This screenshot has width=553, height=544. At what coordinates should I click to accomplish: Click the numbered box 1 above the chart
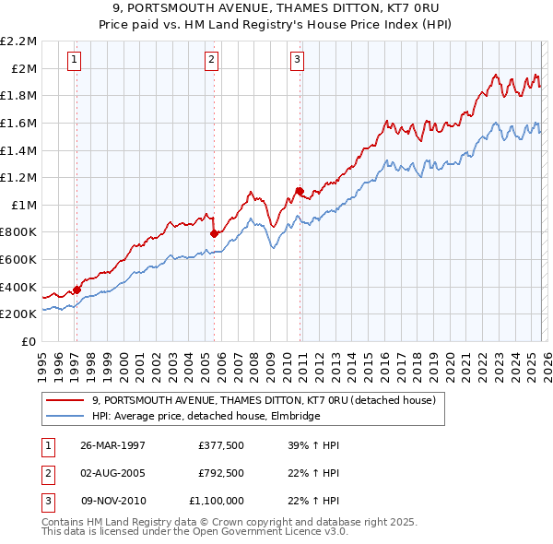point(75,61)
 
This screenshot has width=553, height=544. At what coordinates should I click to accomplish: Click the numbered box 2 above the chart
point(211,61)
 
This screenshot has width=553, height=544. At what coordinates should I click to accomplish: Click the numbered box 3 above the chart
point(298,61)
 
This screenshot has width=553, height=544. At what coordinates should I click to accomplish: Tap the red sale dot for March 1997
point(77,290)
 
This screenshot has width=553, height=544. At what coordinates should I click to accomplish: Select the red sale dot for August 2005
point(214,232)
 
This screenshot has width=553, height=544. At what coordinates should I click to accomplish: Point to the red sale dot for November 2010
point(300,191)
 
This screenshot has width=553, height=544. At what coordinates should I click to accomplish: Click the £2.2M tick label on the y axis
point(19,41)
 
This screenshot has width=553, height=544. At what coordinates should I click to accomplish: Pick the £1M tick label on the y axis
point(23,205)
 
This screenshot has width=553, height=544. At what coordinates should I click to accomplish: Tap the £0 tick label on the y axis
point(30,341)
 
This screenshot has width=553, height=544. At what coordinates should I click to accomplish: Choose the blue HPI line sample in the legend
point(66,416)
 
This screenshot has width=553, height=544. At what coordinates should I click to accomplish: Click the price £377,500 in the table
point(220,445)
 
